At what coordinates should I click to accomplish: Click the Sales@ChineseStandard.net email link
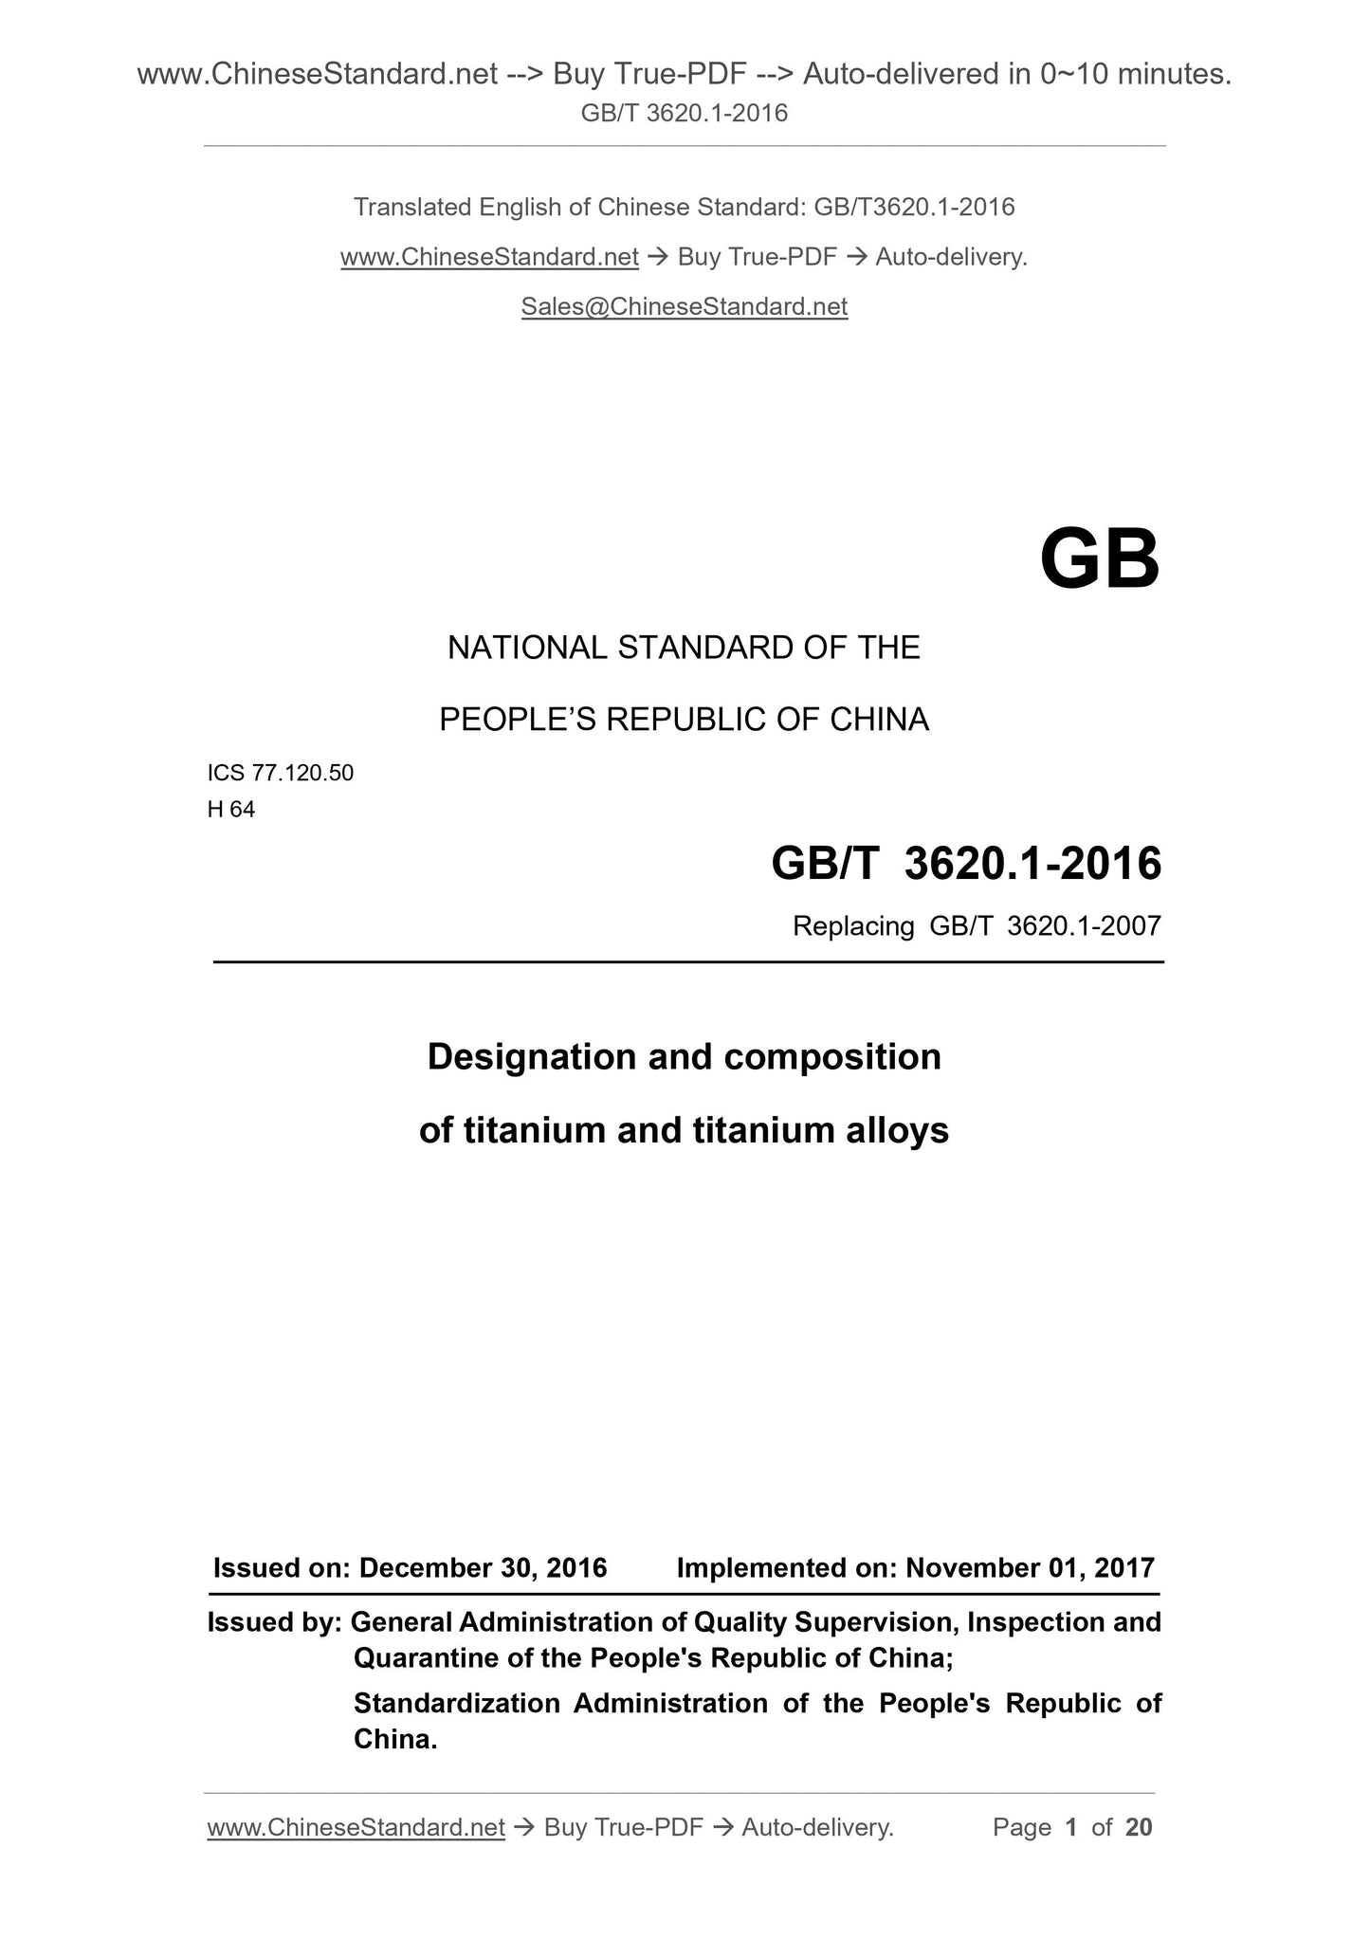pyautogui.click(x=684, y=306)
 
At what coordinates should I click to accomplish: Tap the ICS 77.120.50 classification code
pyautogui.click(x=280, y=773)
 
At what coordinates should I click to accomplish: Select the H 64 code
pyautogui.click(x=230, y=810)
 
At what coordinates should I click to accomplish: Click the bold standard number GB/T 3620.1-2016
pyautogui.click(x=966, y=864)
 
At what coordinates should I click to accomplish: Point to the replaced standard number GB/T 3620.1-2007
pyautogui.click(x=1045, y=926)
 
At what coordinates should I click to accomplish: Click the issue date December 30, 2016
pyautogui.click(x=483, y=1567)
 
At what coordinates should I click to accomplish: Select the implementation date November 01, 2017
pyautogui.click(x=1030, y=1567)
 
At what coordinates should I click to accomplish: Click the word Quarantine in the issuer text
pyautogui.click(x=414, y=1658)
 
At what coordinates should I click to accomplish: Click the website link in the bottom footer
pyautogui.click(x=356, y=1827)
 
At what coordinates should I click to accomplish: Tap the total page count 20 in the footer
pyautogui.click(x=1139, y=1827)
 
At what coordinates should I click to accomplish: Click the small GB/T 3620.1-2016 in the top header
pyautogui.click(x=684, y=114)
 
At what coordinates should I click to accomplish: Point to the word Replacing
pyautogui.click(x=852, y=926)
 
